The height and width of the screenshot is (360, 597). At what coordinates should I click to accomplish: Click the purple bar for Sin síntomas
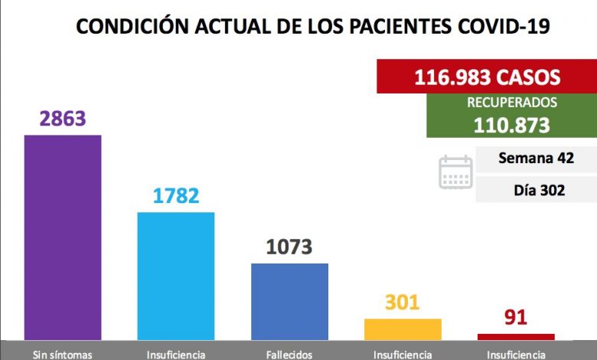tap(63, 237)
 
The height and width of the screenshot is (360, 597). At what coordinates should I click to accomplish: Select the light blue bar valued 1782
tap(175, 276)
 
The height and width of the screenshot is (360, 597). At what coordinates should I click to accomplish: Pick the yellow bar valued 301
tap(403, 329)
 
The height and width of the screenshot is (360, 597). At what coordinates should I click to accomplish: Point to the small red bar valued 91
tap(516, 336)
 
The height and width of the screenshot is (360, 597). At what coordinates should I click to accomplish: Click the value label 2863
tap(63, 119)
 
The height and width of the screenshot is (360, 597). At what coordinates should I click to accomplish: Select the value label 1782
tap(175, 195)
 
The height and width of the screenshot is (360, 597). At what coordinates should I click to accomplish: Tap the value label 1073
tap(289, 247)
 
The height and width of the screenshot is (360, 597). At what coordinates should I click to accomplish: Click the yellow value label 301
tap(403, 302)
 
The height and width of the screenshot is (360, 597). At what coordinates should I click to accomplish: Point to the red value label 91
tap(516, 317)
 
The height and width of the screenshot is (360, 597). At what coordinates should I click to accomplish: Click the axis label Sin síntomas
tap(63, 354)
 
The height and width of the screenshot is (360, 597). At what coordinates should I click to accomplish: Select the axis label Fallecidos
tap(289, 354)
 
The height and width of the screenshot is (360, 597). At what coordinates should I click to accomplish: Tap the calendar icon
tap(455, 172)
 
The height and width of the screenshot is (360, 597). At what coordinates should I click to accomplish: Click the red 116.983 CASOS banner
tap(487, 77)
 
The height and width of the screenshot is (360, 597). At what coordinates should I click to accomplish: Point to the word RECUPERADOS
tap(512, 103)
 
